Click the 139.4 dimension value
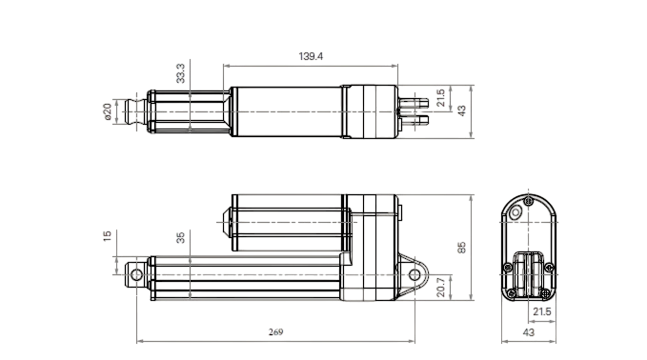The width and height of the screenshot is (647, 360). coord(311,56)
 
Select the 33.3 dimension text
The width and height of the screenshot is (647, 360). coord(180,73)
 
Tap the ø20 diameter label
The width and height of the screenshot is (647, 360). coord(108,111)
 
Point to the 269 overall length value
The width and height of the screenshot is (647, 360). coord(275,332)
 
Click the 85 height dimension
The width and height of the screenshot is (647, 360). coord(461,248)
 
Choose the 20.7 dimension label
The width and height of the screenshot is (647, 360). coord(440,288)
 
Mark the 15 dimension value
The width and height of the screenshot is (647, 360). coord(107,236)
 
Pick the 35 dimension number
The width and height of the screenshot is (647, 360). coord(180,237)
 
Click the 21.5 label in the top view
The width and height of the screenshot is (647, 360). coord(440,98)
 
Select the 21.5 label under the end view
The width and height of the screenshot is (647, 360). coord(542,311)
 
